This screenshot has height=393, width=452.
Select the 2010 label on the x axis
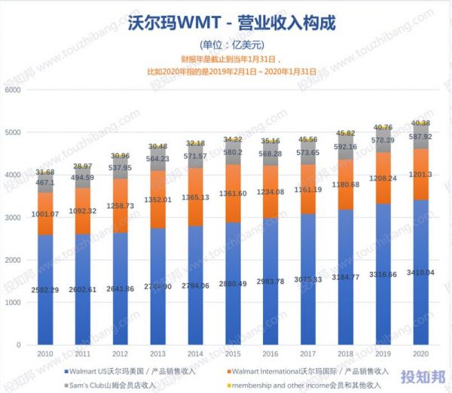click(x=44, y=353)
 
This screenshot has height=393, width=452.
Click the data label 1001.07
click(x=44, y=213)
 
